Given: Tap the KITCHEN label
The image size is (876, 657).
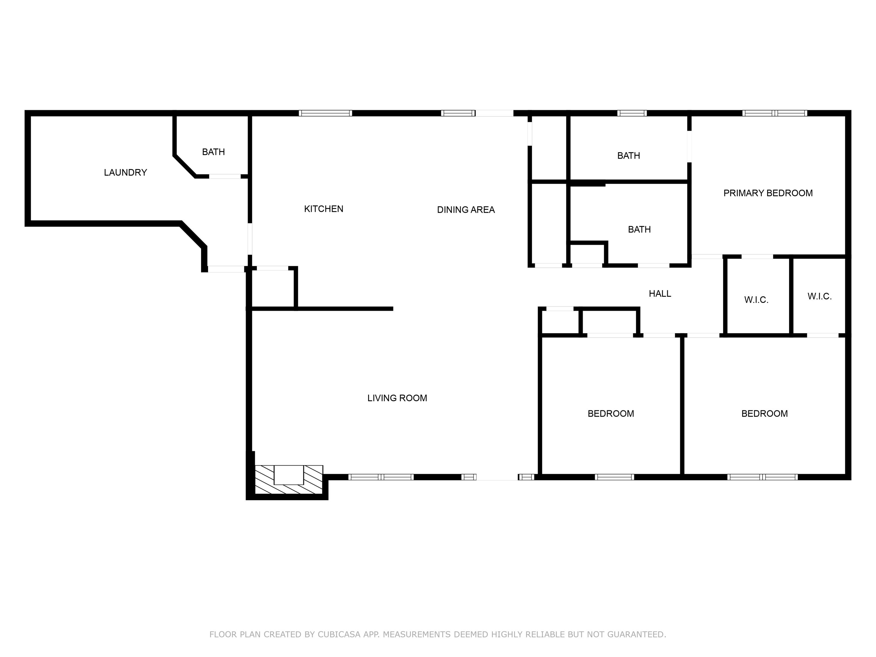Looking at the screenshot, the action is pos(324,209).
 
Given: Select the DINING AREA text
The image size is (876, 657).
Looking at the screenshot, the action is pos(466,210).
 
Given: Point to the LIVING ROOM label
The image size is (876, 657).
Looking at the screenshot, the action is pos(397,398).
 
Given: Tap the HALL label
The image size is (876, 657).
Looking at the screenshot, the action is pos(660,293).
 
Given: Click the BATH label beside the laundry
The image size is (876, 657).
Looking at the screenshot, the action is pos(214,152).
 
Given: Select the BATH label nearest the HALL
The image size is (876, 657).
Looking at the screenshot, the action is pos(639,229).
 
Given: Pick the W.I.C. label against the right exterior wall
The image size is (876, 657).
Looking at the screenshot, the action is pos(819,296).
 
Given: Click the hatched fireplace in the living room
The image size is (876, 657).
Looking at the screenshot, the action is pos(289,480).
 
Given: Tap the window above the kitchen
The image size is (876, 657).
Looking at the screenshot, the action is pos(325,113).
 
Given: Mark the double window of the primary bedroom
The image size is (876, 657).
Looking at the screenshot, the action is pos(774,113).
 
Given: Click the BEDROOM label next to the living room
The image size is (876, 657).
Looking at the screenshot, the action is pos(611,413).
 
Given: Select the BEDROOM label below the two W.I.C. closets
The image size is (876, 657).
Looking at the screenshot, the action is pos(764,413).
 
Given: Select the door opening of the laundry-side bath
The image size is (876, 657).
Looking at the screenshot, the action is pos(225,176).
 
